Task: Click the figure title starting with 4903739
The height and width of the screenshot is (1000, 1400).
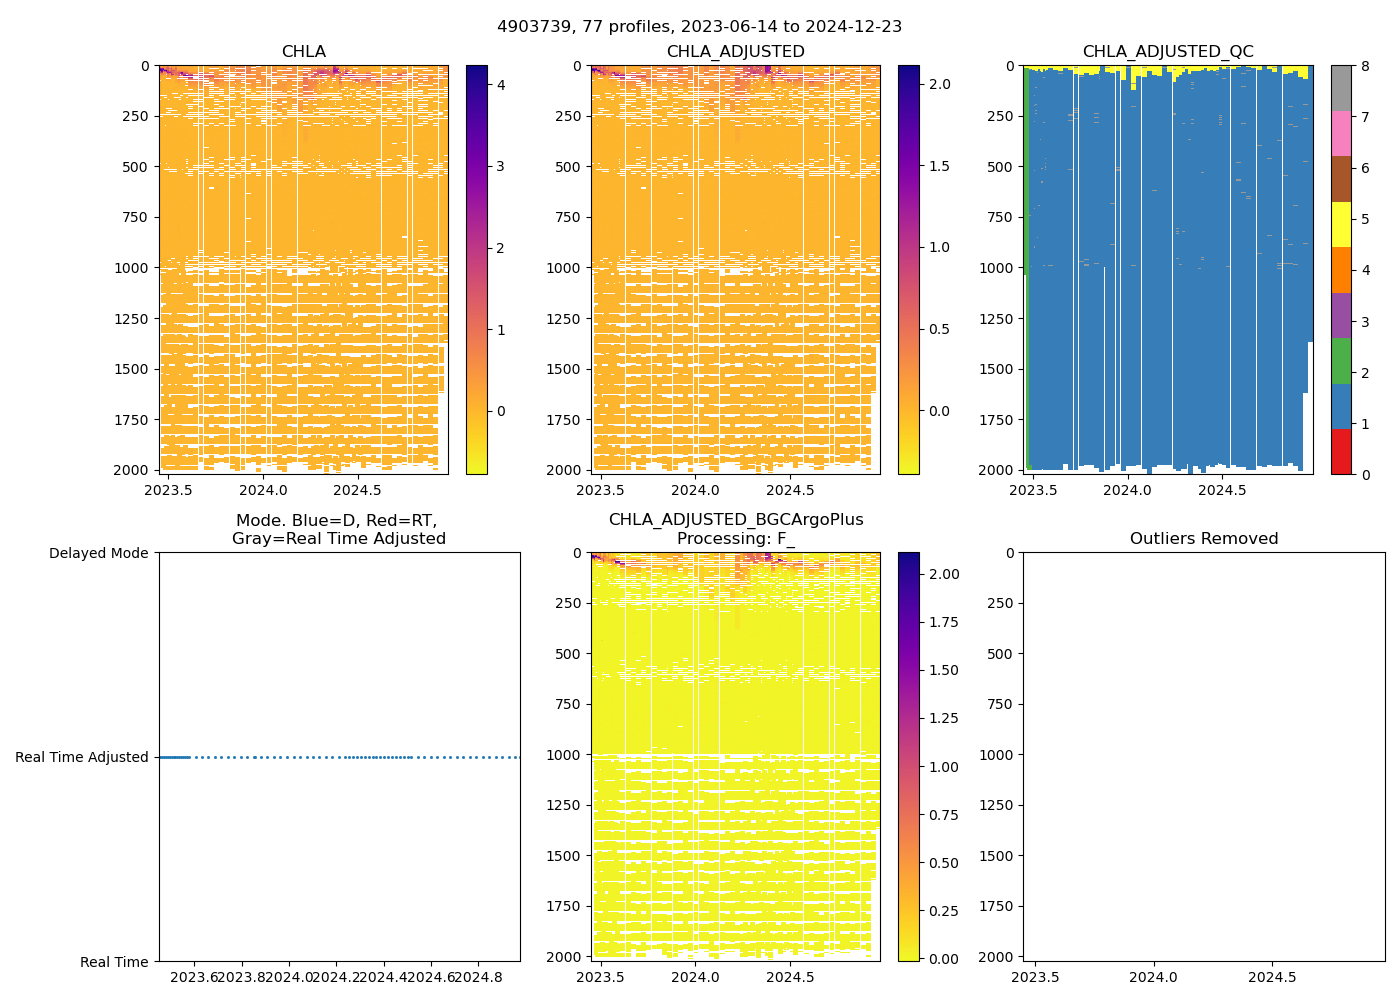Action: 699,27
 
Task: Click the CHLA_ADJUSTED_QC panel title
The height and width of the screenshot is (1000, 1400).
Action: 1167,52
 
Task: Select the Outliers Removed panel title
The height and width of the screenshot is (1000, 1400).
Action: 1203,539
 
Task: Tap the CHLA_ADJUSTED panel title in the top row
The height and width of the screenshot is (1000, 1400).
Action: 735,52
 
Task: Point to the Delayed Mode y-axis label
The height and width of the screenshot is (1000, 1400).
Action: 98,553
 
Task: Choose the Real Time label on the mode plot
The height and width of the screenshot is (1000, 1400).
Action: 114,962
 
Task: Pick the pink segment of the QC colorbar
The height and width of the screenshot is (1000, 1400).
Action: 1341,133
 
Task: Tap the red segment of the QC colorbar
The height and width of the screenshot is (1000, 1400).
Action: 1341,452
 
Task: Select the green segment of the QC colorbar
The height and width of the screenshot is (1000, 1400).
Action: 1341,361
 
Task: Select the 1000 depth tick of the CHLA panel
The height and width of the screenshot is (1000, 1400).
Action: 133,268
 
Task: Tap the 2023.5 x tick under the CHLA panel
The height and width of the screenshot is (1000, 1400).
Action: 169,490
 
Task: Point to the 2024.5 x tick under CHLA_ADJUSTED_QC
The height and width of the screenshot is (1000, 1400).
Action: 1222,490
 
